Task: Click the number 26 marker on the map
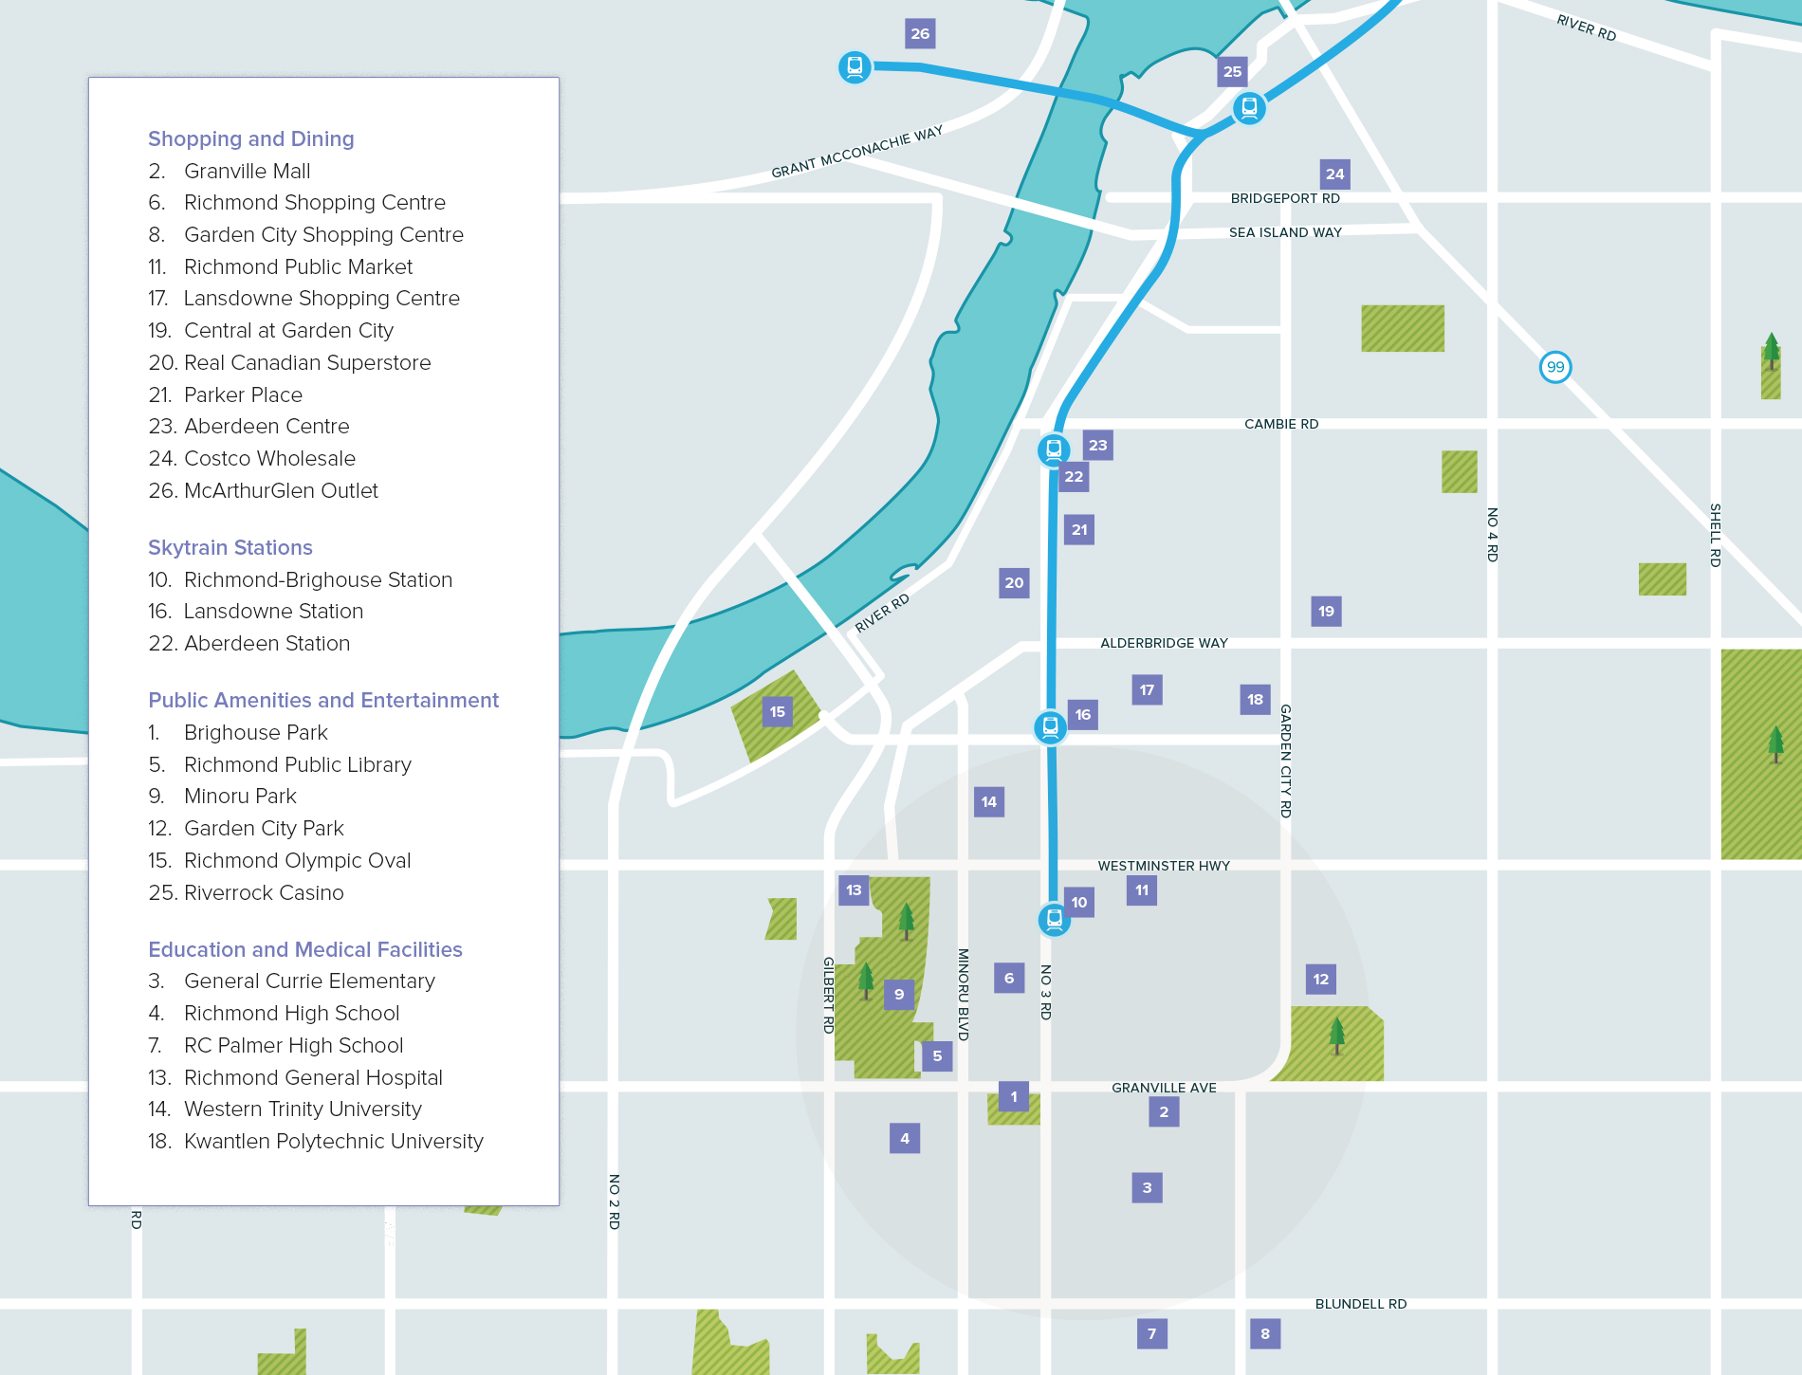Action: tap(920, 34)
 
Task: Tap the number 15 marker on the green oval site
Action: tap(778, 712)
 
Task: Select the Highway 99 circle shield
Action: tap(1555, 367)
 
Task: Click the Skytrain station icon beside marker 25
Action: tap(1249, 108)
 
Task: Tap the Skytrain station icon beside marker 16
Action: tap(1050, 727)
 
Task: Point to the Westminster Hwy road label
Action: tap(1164, 866)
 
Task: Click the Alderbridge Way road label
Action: tap(1164, 643)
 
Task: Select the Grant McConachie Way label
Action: tap(856, 153)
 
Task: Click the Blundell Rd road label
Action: tap(1360, 1304)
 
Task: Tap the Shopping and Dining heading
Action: tap(251, 139)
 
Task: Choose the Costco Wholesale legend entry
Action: tap(269, 459)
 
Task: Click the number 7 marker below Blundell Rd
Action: tap(1151, 1334)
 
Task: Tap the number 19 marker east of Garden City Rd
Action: tap(1326, 612)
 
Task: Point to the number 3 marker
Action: tap(1147, 1187)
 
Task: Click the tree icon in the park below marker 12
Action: tap(1336, 1035)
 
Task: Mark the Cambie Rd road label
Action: tap(1281, 424)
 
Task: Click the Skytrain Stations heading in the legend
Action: tap(230, 548)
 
